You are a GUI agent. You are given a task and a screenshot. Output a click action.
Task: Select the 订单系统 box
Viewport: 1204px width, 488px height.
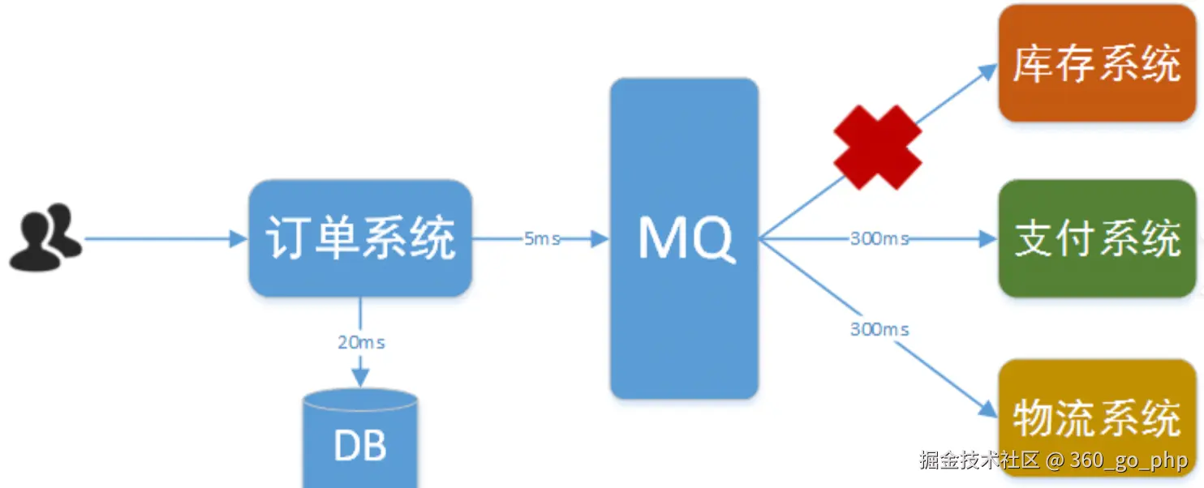pyautogui.click(x=360, y=238)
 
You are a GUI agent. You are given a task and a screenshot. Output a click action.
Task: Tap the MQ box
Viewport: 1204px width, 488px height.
pyautogui.click(x=684, y=238)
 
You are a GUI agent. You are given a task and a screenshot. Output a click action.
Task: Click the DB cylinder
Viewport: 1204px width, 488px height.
pyautogui.click(x=360, y=442)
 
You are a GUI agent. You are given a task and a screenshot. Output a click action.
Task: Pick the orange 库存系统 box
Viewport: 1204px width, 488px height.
pyautogui.click(x=1097, y=63)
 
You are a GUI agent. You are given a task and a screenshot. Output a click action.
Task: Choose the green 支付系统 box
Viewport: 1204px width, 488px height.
pyautogui.click(x=1097, y=238)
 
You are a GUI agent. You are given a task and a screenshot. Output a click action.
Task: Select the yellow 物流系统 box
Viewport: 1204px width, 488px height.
pyautogui.click(x=1097, y=417)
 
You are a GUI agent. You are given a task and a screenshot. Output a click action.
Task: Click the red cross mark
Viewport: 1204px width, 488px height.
pyautogui.click(x=878, y=148)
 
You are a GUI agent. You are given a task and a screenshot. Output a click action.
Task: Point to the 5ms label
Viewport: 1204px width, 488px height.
pyautogui.click(x=542, y=239)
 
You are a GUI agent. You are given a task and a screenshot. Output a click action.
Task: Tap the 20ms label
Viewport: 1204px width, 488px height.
pyautogui.click(x=361, y=342)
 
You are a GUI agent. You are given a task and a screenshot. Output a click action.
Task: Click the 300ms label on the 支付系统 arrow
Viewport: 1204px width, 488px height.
pyautogui.click(x=879, y=239)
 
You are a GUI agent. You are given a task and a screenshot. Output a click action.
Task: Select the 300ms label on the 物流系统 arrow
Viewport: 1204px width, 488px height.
pyautogui.click(x=879, y=329)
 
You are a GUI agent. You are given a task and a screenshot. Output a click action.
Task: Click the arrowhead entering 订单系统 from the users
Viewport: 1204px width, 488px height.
pyautogui.click(x=239, y=239)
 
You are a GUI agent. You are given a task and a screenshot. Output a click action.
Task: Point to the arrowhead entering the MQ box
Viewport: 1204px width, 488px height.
pyautogui.click(x=600, y=239)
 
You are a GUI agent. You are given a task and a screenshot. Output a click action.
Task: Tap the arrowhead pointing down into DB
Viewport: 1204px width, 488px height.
pyautogui.click(x=360, y=378)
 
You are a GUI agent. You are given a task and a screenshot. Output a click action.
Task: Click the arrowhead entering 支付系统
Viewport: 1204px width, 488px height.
pyautogui.click(x=988, y=239)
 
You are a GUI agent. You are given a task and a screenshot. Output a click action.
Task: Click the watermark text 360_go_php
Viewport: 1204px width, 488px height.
pyautogui.click(x=1129, y=460)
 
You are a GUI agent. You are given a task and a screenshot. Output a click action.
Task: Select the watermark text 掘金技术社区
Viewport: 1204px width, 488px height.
pyautogui.click(x=979, y=460)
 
